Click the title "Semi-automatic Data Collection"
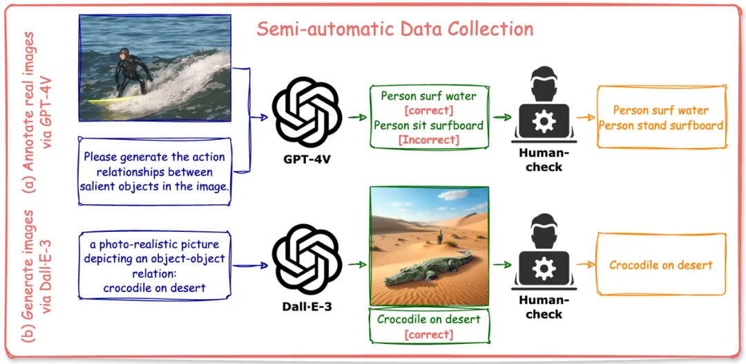[395, 29]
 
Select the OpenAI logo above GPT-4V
[307, 109]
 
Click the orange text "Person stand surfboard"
[660, 125]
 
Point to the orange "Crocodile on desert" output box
[660, 265]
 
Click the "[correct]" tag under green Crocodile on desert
[429, 334]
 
